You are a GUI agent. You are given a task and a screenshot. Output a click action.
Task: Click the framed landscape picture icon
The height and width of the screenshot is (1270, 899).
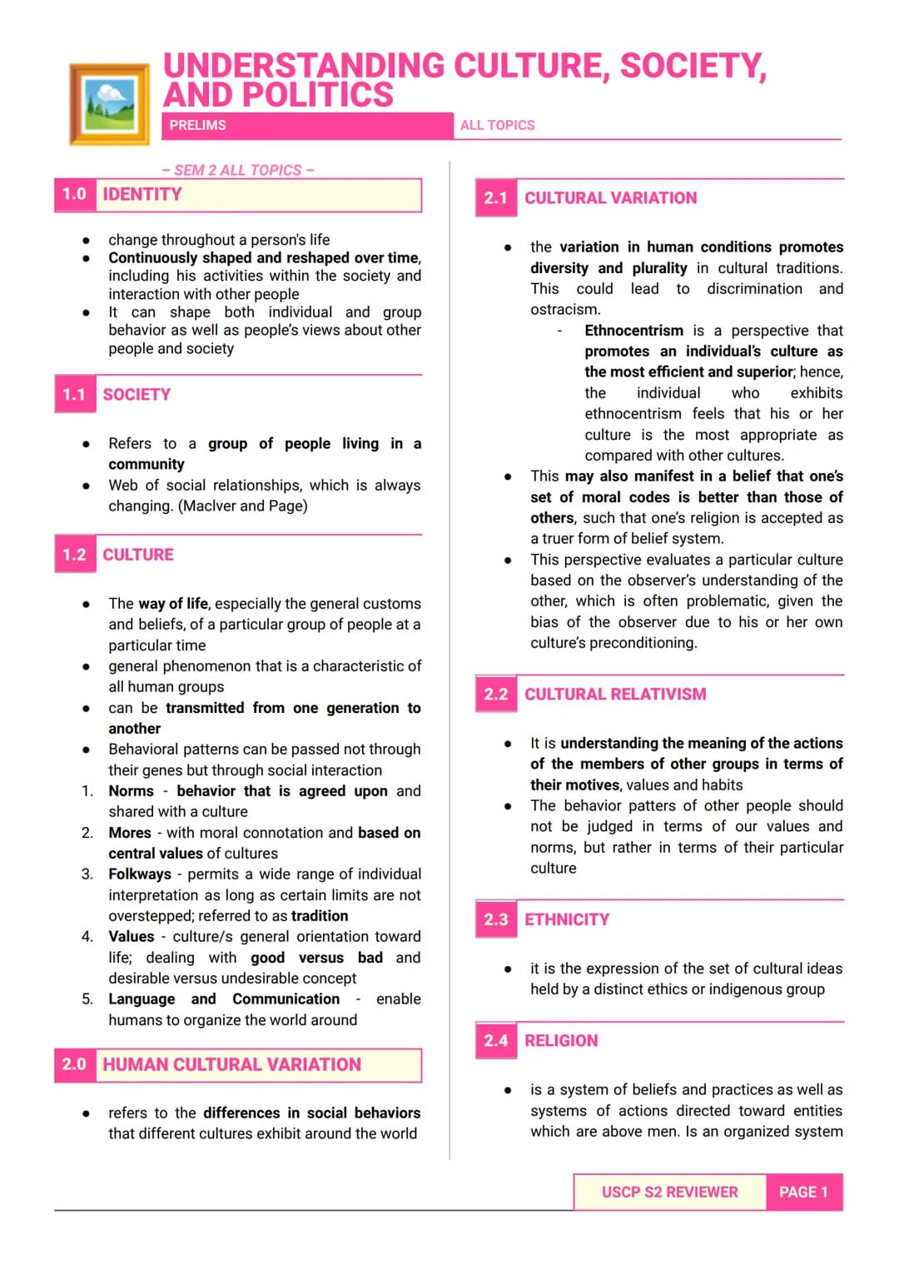click(110, 104)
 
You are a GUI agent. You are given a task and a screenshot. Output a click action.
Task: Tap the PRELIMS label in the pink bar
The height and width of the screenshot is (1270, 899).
click(197, 125)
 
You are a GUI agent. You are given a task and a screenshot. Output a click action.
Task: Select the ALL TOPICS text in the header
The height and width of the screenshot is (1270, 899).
click(497, 125)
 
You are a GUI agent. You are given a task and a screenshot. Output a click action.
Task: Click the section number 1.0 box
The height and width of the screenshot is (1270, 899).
click(75, 195)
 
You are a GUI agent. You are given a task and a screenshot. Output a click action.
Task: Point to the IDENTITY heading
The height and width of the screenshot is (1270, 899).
click(142, 195)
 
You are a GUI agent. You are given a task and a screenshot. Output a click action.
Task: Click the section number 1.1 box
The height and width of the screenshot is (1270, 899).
click(75, 395)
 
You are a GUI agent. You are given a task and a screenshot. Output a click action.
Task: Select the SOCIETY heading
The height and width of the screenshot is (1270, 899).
click(137, 395)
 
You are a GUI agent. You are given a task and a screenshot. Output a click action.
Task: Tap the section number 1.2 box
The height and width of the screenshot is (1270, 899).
click(75, 555)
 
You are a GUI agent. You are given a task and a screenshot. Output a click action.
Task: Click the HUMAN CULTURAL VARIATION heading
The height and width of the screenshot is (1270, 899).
click(231, 1065)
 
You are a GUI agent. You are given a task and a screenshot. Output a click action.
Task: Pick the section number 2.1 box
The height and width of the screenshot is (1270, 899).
click(496, 198)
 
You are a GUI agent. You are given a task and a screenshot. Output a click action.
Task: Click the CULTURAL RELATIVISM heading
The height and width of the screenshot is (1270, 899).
click(615, 695)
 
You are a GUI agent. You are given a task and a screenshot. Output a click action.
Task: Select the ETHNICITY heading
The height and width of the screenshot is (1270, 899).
click(567, 919)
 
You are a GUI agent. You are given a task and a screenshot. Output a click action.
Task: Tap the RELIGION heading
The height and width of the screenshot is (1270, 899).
click(561, 1041)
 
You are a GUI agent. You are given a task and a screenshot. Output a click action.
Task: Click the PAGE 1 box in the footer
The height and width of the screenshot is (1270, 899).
click(803, 1193)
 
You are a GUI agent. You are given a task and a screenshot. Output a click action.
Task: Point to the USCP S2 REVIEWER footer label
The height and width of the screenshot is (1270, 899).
click(669, 1193)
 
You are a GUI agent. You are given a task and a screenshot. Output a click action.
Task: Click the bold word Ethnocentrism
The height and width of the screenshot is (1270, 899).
click(633, 331)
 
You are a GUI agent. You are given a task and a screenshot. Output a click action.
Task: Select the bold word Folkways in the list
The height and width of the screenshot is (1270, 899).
click(140, 874)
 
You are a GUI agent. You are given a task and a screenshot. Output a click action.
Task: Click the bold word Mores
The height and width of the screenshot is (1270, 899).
click(130, 833)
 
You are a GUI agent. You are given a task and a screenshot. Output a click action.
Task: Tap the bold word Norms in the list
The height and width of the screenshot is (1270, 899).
click(131, 791)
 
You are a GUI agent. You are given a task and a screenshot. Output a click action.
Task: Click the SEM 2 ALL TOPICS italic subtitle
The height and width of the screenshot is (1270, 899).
click(238, 170)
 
